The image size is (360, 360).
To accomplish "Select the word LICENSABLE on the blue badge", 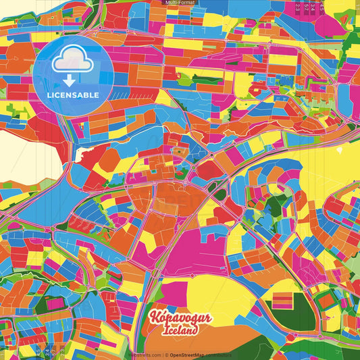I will (73, 95).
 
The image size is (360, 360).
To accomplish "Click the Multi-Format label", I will (179, 3).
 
